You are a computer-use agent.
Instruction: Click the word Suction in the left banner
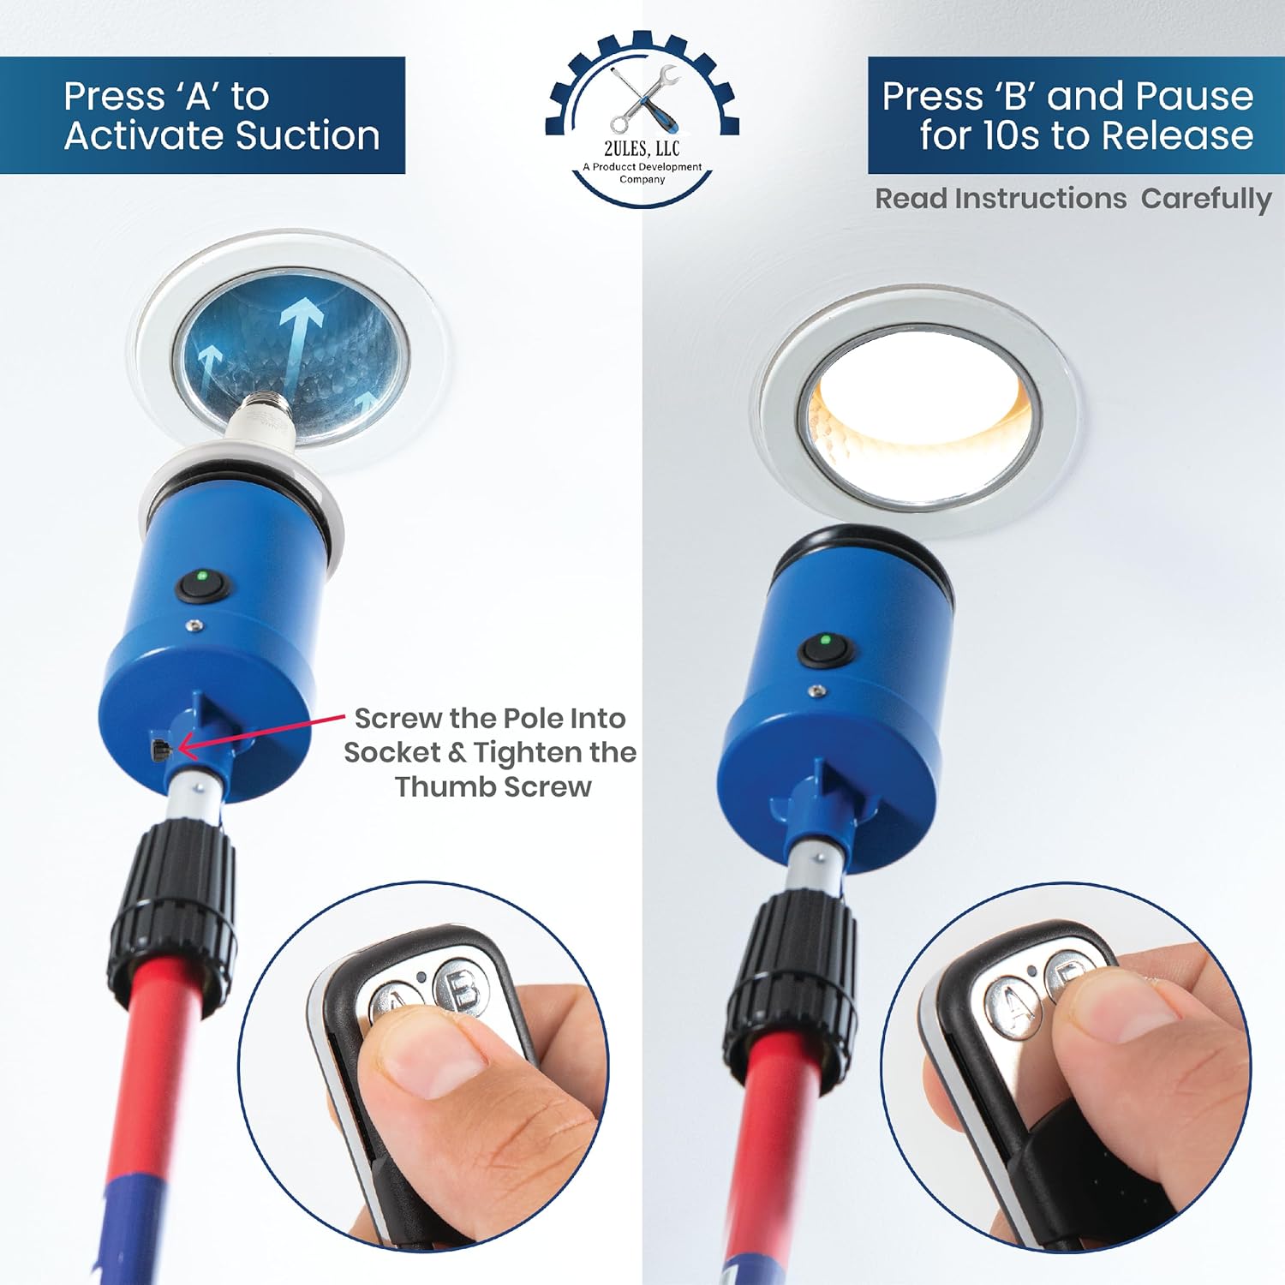click(x=307, y=135)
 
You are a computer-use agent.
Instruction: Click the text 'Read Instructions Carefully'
click(x=1073, y=199)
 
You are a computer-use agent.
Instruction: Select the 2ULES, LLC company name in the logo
click(x=642, y=149)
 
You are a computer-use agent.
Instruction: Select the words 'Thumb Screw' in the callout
click(x=493, y=786)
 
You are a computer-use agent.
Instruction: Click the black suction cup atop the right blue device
click(x=861, y=557)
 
